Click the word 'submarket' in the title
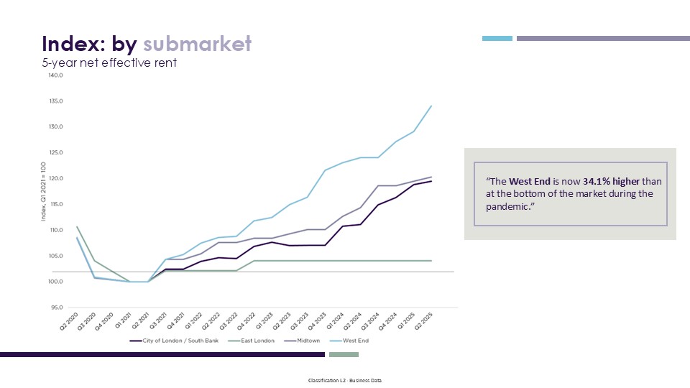point(198,44)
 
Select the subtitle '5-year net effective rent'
point(109,63)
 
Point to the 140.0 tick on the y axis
point(55,75)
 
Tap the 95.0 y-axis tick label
point(56,308)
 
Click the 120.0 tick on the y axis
point(55,178)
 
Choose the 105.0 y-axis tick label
point(55,256)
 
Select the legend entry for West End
point(354,341)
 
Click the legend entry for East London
point(254,341)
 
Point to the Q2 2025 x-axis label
point(424,320)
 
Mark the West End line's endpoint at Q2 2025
point(431,106)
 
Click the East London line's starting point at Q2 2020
point(77,227)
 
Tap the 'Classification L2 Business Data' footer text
point(345,379)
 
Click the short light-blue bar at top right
point(497,38)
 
